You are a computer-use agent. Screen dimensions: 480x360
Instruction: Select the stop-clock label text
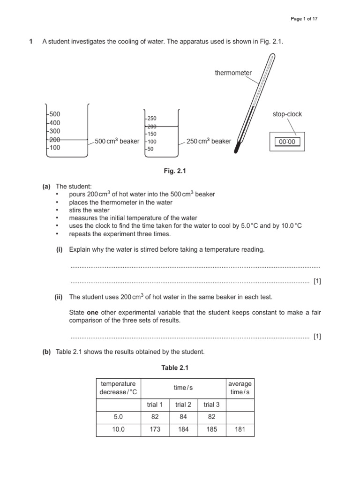pyautogui.click(x=287, y=114)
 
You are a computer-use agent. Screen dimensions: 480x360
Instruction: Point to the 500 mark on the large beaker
pyautogui.click(x=55, y=114)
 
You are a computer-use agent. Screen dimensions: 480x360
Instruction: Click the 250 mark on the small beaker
pyautogui.click(x=151, y=119)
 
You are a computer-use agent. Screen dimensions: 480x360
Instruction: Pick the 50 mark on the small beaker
pyautogui.click(x=150, y=149)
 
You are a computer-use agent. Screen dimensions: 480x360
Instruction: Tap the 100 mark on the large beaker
pyautogui.click(x=55, y=148)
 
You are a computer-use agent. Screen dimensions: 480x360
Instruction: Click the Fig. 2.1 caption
pyautogui.click(x=175, y=172)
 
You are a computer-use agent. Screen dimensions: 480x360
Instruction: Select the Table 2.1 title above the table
pyautogui.click(x=175, y=368)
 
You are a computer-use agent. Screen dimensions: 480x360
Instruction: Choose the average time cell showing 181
pyautogui.click(x=240, y=429)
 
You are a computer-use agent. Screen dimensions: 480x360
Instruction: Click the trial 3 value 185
pyautogui.click(x=211, y=429)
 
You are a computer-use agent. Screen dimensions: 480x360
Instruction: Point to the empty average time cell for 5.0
pyautogui.click(x=240, y=417)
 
